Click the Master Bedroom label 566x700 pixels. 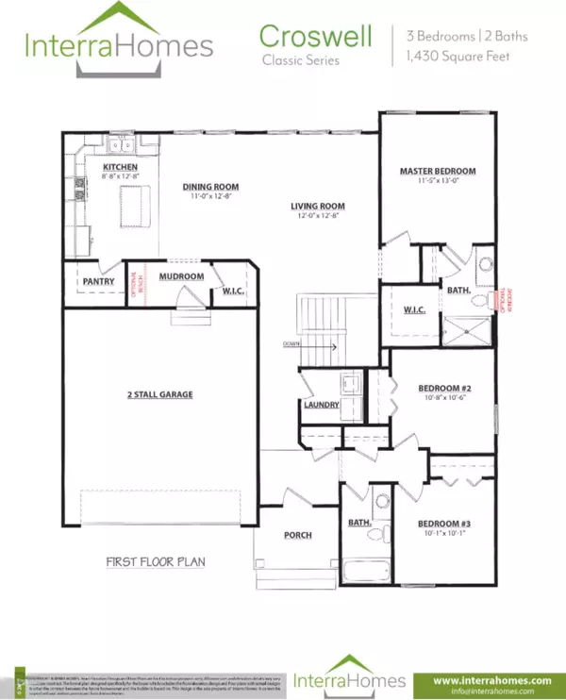[x=437, y=171]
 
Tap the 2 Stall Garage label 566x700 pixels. [x=160, y=394]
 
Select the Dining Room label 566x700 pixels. [x=208, y=187]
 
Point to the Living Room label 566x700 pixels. [x=316, y=206]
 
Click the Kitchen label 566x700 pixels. [x=120, y=167]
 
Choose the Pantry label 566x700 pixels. [x=98, y=281]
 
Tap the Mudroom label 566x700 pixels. [x=181, y=276]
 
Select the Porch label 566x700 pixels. [x=298, y=535]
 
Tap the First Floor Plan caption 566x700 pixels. [x=156, y=562]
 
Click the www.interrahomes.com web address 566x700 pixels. [x=491, y=679]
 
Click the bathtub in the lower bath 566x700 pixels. [x=363, y=572]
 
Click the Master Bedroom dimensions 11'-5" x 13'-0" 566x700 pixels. [x=437, y=181]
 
